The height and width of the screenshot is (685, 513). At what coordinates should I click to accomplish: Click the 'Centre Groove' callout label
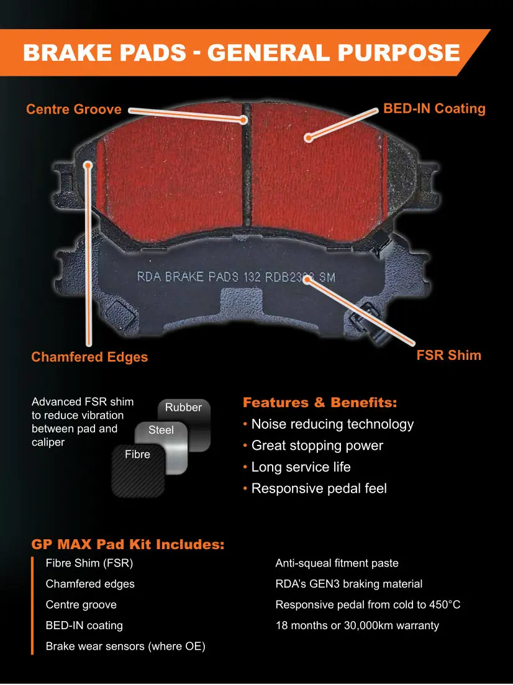click(74, 109)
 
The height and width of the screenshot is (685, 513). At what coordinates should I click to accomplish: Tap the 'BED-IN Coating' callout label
click(434, 109)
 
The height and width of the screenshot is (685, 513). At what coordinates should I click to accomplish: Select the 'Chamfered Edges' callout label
click(89, 357)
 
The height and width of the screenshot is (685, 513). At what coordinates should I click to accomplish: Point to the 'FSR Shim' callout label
click(448, 355)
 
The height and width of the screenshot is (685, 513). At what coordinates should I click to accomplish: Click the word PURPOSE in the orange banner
click(399, 53)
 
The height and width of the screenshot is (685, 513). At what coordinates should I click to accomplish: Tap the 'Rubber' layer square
click(184, 424)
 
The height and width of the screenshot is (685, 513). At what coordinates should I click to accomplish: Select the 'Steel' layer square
click(161, 448)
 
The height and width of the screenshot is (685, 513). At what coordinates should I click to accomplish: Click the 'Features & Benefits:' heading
click(320, 402)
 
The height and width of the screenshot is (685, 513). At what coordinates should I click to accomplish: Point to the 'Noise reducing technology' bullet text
click(332, 424)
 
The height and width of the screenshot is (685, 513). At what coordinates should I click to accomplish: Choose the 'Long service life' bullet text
click(301, 467)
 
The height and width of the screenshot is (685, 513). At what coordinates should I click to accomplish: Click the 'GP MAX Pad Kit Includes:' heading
click(128, 544)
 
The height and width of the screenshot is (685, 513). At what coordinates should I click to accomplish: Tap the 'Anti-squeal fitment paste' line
click(337, 563)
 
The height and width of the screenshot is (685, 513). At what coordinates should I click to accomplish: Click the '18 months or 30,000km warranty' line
click(357, 625)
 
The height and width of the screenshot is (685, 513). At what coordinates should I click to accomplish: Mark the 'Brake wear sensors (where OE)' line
click(125, 647)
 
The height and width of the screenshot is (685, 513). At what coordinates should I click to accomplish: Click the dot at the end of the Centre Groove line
click(244, 120)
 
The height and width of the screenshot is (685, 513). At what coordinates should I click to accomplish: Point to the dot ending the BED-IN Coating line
click(309, 138)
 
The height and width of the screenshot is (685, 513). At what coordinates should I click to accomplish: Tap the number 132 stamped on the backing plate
click(252, 277)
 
